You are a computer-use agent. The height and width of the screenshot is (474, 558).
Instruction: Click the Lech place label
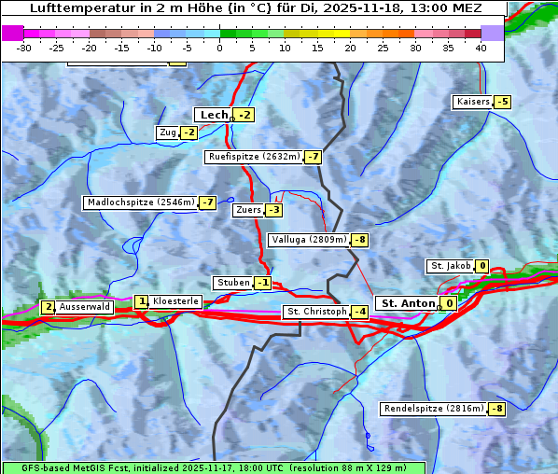(213, 115)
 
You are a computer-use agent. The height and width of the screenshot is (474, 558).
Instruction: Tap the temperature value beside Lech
(244, 115)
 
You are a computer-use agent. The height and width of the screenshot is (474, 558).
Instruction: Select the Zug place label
(168, 132)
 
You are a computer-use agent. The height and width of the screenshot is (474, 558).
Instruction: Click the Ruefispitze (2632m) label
(254, 157)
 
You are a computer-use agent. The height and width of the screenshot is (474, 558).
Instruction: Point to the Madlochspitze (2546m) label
(140, 202)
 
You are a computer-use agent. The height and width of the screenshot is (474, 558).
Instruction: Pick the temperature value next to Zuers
(273, 210)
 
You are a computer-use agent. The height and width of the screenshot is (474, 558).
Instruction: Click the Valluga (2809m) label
(309, 240)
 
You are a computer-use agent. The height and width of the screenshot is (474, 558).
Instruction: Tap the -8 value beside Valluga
(359, 240)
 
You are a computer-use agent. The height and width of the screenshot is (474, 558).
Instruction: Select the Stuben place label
(232, 283)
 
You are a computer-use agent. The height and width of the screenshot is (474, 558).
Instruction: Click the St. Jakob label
(450, 266)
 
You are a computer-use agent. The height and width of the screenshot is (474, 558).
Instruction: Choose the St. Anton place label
(408, 303)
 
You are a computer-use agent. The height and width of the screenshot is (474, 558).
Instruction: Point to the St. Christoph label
(315, 312)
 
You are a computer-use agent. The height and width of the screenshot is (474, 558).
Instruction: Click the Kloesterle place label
(175, 301)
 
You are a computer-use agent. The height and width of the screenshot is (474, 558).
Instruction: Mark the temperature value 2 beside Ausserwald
(48, 307)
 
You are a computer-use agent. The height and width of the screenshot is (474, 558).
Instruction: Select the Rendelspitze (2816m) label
(434, 409)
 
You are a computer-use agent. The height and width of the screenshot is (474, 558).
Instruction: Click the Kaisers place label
(472, 102)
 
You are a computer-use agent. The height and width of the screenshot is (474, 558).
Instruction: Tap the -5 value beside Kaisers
(503, 102)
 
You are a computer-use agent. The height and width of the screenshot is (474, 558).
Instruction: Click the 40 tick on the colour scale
(481, 47)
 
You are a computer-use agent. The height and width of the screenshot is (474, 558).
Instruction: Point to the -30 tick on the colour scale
(24, 47)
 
